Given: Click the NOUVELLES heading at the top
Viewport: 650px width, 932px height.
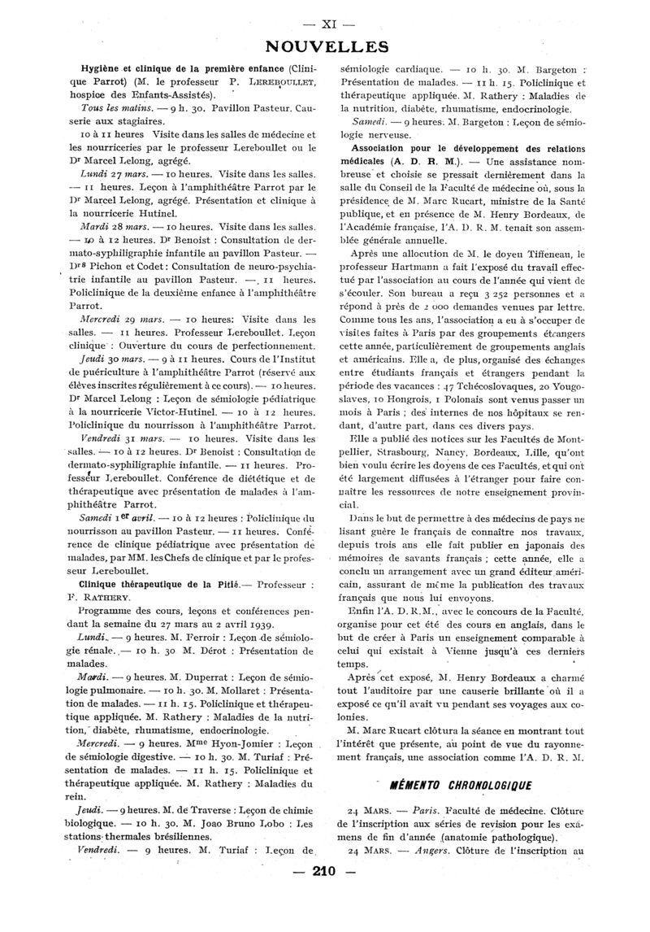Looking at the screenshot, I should click(324, 45).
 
